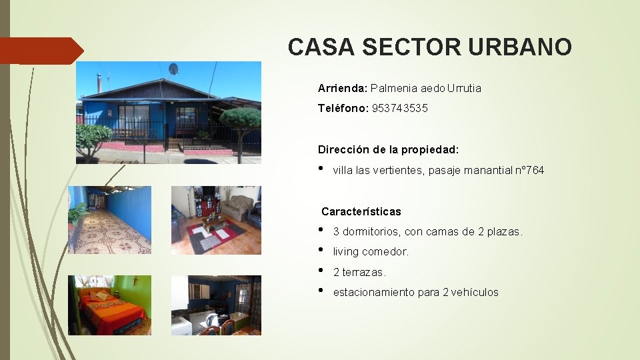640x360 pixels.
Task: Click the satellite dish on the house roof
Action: pyautogui.click(x=173, y=69)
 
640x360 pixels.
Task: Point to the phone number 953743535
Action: pyautogui.click(x=400, y=108)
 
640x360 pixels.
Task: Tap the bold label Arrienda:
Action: pyautogui.click(x=343, y=88)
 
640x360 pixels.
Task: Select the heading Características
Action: pyautogui.click(x=361, y=211)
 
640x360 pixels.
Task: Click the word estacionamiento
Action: pyautogui.click(x=373, y=292)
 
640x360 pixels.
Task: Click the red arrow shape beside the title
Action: pyautogui.click(x=41, y=51)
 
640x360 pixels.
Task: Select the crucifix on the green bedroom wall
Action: pyautogui.click(x=135, y=281)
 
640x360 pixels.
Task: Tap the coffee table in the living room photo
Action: pyautogui.click(x=213, y=225)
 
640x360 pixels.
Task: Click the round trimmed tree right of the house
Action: pyautogui.click(x=240, y=120)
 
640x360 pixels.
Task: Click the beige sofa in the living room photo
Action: pyautogui.click(x=237, y=207)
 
